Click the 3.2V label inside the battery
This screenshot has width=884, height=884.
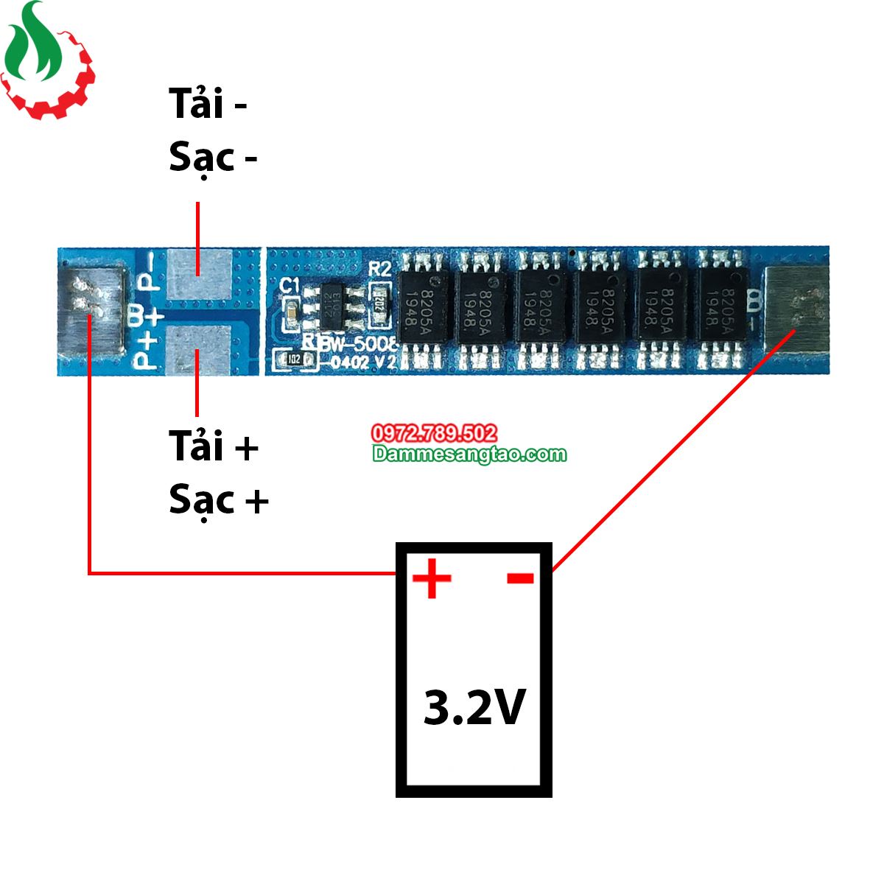pyautogui.click(x=474, y=707)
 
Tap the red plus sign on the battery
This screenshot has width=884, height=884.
pyautogui.click(x=432, y=578)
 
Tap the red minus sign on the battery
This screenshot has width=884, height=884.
pyautogui.click(x=520, y=578)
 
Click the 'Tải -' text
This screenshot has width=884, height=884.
pyautogui.click(x=208, y=103)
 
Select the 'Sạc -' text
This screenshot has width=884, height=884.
pyautogui.click(x=213, y=158)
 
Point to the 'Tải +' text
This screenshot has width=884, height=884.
pyautogui.click(x=214, y=446)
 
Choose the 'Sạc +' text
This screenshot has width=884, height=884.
pyautogui.click(x=219, y=500)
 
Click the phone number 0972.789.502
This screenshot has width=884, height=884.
pyautogui.click(x=434, y=433)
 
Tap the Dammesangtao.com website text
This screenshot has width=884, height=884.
pyautogui.click(x=469, y=454)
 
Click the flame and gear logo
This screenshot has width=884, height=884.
pyautogui.click(x=46, y=60)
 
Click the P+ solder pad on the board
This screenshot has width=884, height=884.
pyautogui.click(x=198, y=349)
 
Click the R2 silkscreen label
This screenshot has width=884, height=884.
pyautogui.click(x=379, y=268)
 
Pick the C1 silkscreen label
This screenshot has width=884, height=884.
pyautogui.click(x=290, y=285)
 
